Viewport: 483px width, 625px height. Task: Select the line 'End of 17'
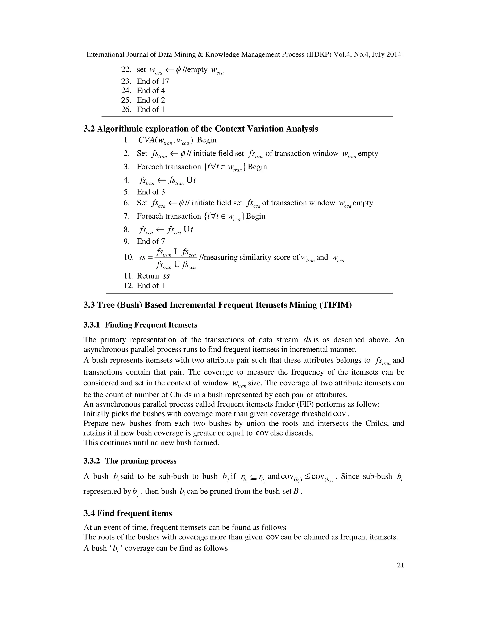pos(153,81)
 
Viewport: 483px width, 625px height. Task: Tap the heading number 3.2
pos(89,129)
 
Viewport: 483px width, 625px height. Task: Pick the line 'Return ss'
pos(153,276)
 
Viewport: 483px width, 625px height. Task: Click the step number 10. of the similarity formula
pos(129,257)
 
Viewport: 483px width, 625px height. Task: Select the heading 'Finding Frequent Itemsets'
pos(151,325)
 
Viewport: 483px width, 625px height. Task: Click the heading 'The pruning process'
pos(141,461)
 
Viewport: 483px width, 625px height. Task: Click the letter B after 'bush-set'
pos(296,491)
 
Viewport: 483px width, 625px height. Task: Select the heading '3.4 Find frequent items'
pos(128,513)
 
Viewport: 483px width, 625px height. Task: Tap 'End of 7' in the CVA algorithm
pos(151,241)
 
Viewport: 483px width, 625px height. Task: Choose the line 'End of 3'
pos(151,192)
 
